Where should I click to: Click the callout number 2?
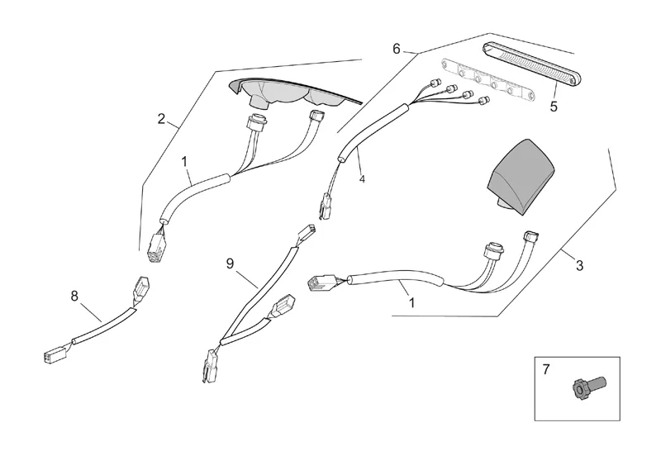click(x=162, y=118)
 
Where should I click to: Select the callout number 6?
click(x=397, y=50)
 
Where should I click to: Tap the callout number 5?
click(x=554, y=106)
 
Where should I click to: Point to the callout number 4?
click(x=361, y=178)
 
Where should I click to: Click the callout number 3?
click(x=579, y=265)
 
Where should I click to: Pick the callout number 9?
click(x=231, y=264)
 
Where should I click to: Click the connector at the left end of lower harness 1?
click(x=319, y=282)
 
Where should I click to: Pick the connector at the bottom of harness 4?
click(x=325, y=207)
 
